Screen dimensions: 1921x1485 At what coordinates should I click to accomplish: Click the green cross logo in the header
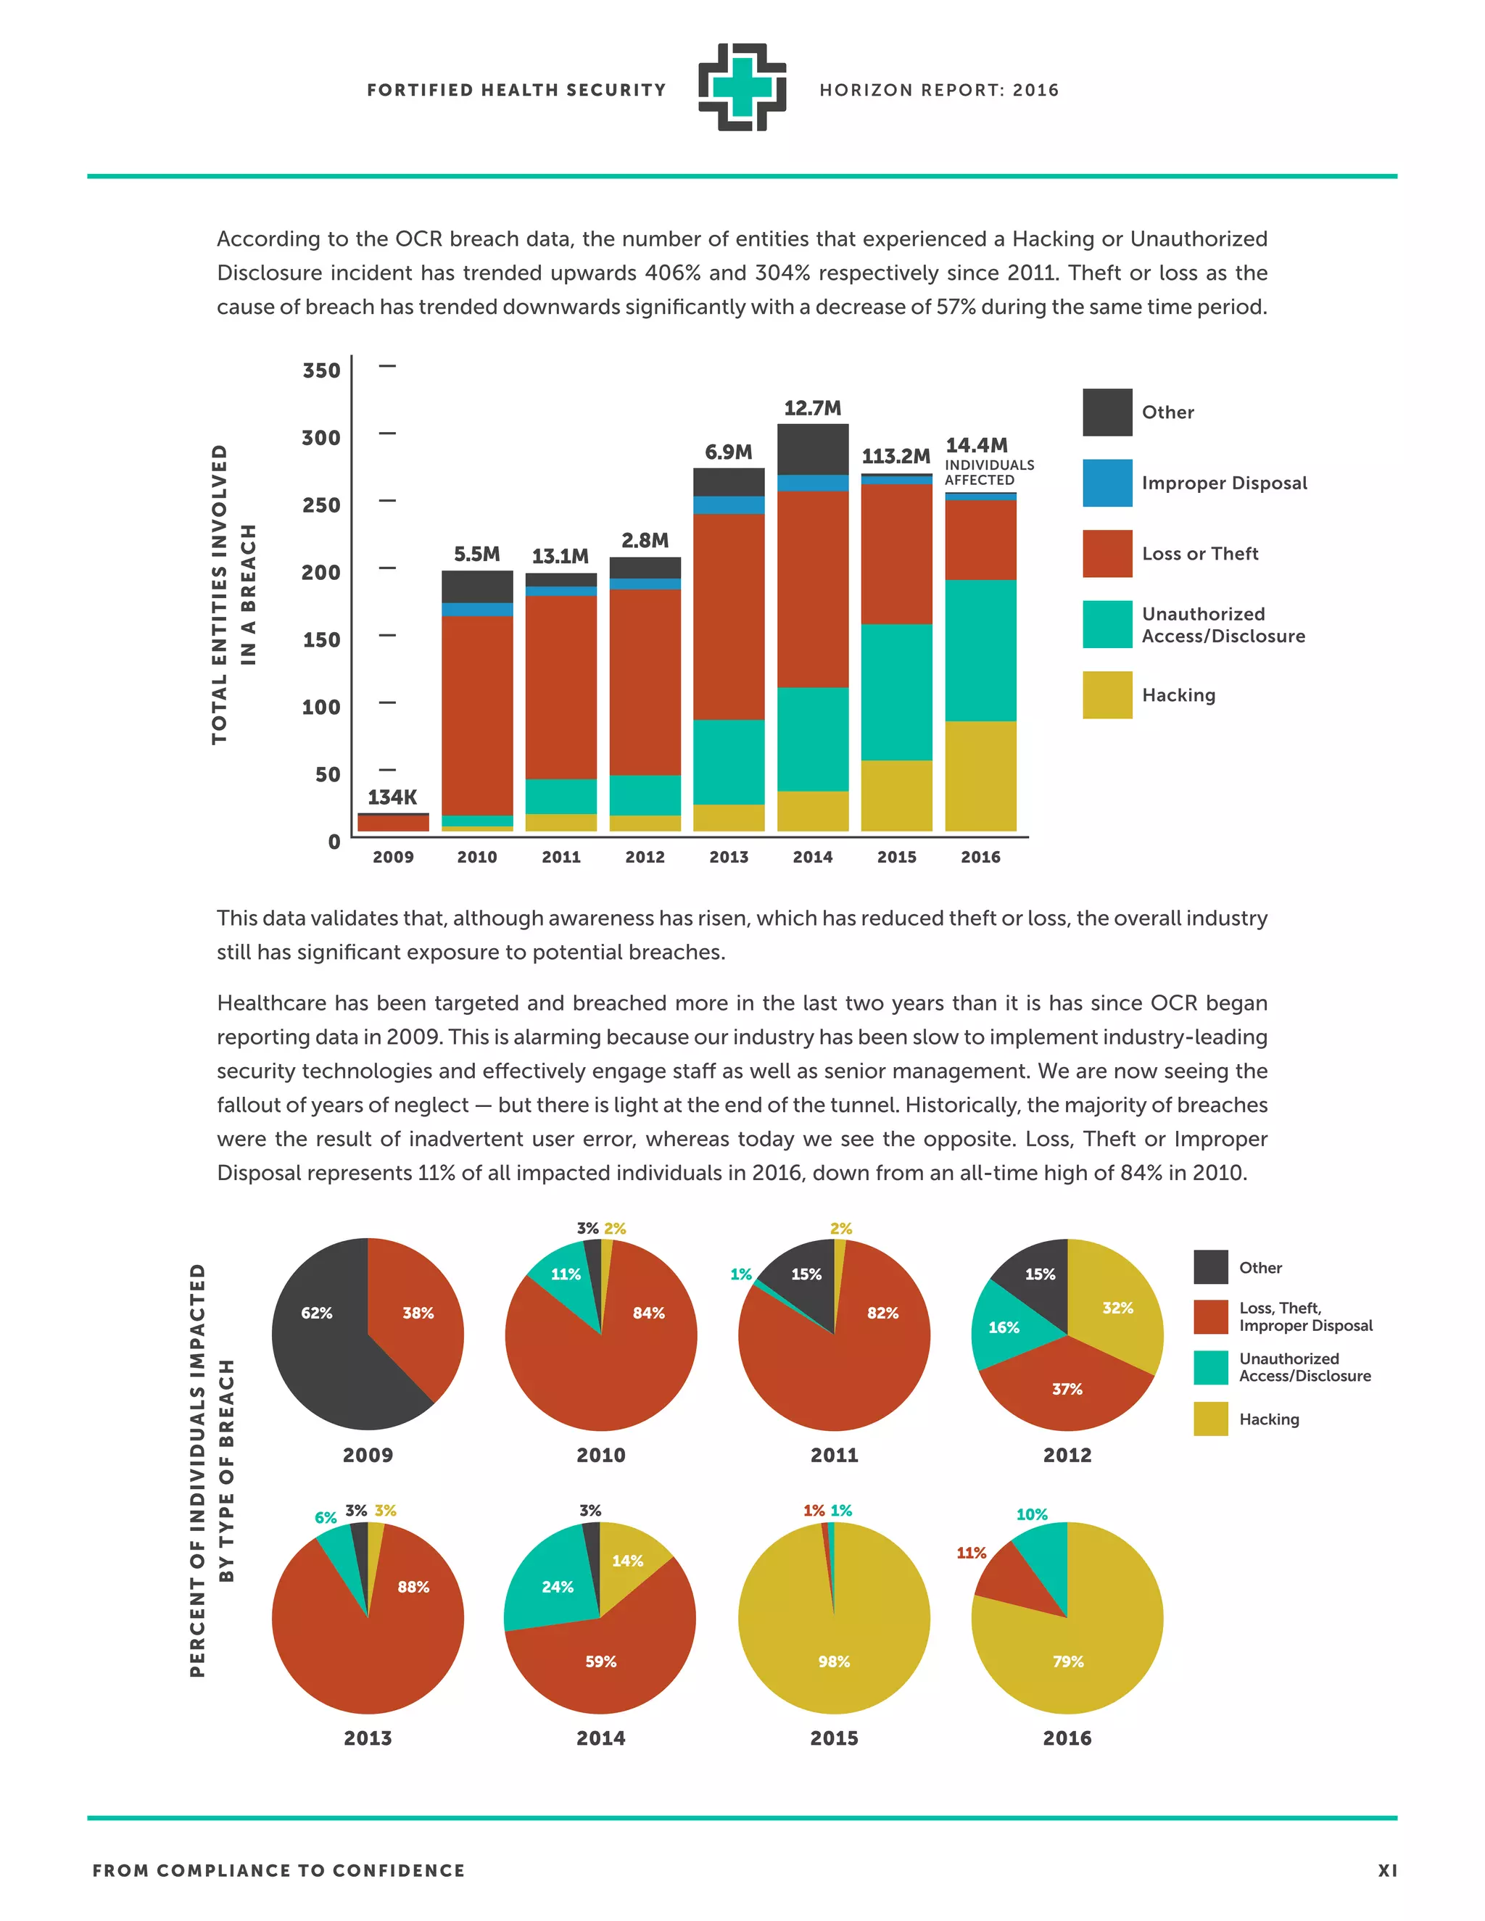click(x=742, y=88)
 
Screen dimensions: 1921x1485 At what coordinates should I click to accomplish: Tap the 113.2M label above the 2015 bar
click(x=895, y=456)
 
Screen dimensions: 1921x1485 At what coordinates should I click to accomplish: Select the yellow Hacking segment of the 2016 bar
click(x=980, y=776)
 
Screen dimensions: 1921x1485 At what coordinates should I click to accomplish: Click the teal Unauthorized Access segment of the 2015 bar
click(x=896, y=692)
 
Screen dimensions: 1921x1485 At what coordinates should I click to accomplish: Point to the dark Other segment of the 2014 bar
click(x=813, y=449)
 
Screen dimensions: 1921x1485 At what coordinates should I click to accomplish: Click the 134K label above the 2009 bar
click(x=392, y=797)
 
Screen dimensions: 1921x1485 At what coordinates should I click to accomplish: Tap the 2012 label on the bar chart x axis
click(x=645, y=857)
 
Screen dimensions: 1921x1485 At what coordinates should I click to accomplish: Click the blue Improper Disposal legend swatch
click(x=1106, y=483)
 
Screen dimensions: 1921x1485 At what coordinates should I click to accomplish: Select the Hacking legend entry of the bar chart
click(x=1178, y=695)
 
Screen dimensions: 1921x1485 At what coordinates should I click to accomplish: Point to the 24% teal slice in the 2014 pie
click(x=557, y=1587)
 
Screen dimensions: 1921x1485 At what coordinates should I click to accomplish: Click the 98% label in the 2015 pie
click(x=833, y=1661)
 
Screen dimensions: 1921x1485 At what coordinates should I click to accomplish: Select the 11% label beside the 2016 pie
click(x=971, y=1553)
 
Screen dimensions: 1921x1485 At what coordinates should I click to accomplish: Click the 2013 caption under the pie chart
click(x=368, y=1738)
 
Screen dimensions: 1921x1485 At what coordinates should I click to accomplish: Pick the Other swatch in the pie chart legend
click(x=1210, y=1267)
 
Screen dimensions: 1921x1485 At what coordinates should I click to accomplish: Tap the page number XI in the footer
click(x=1387, y=1871)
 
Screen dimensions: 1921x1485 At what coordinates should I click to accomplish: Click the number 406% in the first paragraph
click(x=672, y=273)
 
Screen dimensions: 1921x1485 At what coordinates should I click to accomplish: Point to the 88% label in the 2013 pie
click(x=413, y=1587)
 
